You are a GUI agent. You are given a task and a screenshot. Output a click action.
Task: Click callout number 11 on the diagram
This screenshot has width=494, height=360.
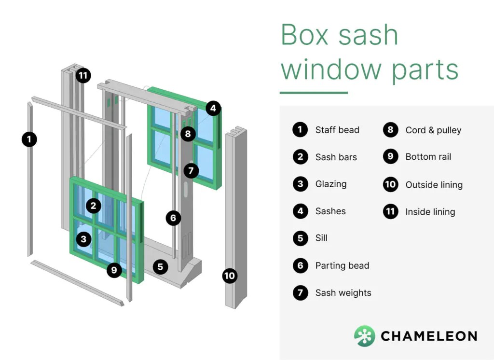coord(83,76)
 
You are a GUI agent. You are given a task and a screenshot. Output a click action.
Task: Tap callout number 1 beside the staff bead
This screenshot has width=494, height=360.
coord(29,139)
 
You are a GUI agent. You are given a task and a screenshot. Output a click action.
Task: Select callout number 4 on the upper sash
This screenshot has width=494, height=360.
coord(214,108)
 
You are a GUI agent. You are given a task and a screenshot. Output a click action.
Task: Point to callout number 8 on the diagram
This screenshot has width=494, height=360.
coord(188,134)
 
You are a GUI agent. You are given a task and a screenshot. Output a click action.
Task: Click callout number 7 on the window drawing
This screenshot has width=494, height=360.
coord(191,170)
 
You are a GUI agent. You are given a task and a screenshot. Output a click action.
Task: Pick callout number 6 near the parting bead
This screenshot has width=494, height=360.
coord(173,218)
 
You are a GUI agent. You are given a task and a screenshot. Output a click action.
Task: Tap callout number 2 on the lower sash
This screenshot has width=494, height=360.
coord(94,207)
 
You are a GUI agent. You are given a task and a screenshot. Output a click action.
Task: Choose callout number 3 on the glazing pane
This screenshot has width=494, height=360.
coord(84,239)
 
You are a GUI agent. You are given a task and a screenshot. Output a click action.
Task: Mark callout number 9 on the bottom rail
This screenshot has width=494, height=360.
coord(114,270)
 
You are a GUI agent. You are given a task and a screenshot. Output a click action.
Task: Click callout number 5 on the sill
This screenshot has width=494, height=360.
coord(161,266)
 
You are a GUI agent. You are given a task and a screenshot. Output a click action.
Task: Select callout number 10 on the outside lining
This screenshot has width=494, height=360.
coord(230,276)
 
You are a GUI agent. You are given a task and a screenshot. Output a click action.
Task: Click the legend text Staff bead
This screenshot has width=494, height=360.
coord(337,130)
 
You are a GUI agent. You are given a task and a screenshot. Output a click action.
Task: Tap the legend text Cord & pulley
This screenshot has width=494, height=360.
coord(433,130)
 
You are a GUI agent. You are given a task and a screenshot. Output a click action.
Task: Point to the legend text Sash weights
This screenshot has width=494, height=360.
coord(343,293)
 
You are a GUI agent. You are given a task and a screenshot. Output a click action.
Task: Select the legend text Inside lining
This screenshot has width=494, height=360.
coord(430,212)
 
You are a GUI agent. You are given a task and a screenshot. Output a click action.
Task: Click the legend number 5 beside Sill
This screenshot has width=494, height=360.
coord(300,238)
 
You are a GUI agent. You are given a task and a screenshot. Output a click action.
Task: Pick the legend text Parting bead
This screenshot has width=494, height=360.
coord(342,266)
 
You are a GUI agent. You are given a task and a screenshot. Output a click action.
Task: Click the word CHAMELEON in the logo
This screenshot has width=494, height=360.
coord(429,336)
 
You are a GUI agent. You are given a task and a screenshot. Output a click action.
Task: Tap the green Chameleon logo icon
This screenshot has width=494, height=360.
coord(364,336)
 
